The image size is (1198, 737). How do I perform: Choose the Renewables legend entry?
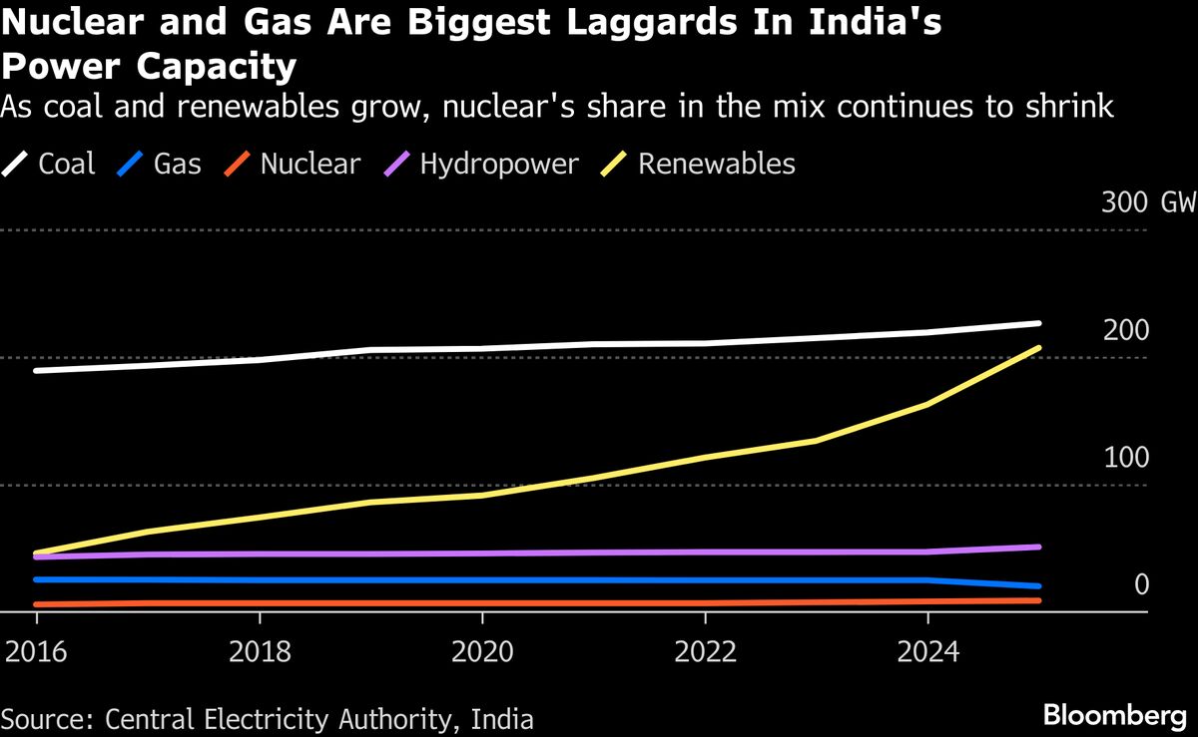(x=716, y=164)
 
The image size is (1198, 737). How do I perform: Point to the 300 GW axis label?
(x=1148, y=203)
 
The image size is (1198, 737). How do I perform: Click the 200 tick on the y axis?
(x=1126, y=331)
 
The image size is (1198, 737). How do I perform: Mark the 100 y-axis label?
(x=1126, y=458)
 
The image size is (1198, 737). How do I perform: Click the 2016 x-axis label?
(x=36, y=652)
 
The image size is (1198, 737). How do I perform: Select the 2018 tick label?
(x=259, y=652)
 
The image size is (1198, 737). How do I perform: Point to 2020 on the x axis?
(x=482, y=652)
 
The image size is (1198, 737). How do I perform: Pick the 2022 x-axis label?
(x=705, y=652)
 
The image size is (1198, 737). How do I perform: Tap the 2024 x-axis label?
(x=927, y=652)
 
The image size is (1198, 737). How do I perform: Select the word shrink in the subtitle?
(x=1065, y=106)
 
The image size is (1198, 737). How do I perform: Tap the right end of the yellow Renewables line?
(x=1039, y=348)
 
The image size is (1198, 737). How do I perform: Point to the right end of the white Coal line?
(x=1039, y=323)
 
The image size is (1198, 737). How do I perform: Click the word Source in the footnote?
(x=42, y=718)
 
